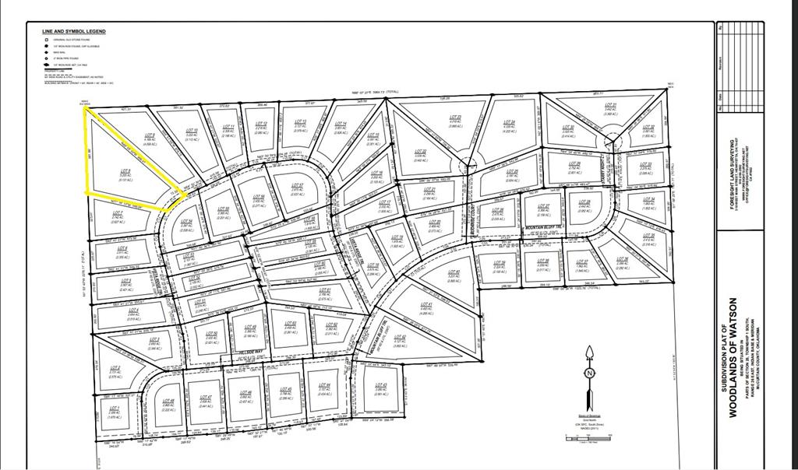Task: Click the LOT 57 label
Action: click(x=297, y=184)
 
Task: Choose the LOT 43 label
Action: click(x=381, y=384)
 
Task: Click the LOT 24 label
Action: click(x=510, y=122)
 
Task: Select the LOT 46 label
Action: click(x=247, y=392)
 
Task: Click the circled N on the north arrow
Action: click(x=589, y=374)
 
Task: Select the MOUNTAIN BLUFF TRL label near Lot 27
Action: click(x=543, y=227)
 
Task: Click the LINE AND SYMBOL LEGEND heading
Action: click(x=74, y=31)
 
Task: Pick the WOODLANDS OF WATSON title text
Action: click(x=733, y=357)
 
